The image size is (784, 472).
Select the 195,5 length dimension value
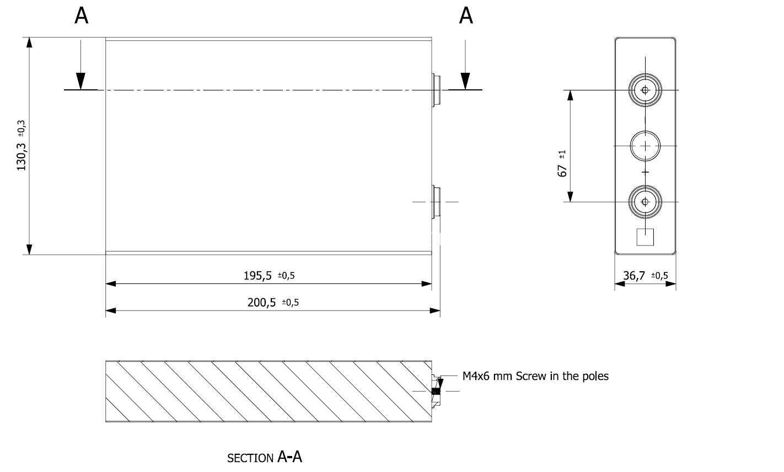[x=257, y=276]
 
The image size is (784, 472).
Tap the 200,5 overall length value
[x=261, y=303]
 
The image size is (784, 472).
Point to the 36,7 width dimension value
[x=634, y=276]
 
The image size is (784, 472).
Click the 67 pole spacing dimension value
[x=562, y=171]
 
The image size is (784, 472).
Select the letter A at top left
[x=81, y=16]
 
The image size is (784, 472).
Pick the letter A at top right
[x=466, y=16]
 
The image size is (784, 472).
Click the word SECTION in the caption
[x=250, y=458]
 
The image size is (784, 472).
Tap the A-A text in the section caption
[x=289, y=457]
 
